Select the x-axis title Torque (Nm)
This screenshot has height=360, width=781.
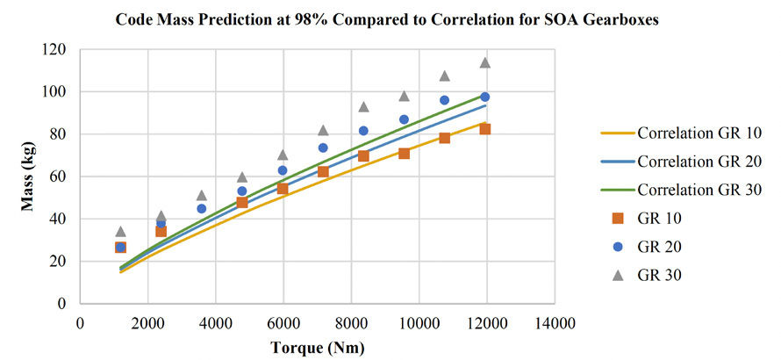(319, 347)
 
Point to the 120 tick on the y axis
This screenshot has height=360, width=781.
(57, 50)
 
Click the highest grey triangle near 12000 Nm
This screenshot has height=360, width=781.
(484, 62)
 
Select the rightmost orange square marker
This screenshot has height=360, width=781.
(484, 129)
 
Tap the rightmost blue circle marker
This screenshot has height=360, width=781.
(484, 97)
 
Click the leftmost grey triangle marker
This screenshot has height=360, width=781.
(120, 232)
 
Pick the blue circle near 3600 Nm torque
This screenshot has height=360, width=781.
(201, 209)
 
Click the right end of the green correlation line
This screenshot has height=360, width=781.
(485, 95)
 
